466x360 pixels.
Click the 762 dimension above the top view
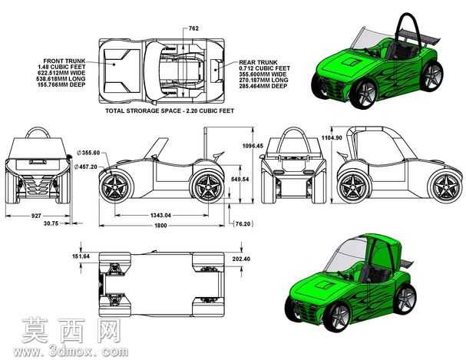(x=193, y=28)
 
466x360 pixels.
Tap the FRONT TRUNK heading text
(x=64, y=61)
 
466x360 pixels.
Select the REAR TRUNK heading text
(x=258, y=62)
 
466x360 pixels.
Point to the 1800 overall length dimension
(x=160, y=226)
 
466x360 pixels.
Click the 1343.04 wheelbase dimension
(x=160, y=215)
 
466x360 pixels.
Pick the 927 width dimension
(x=36, y=216)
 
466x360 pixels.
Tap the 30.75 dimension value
(x=51, y=223)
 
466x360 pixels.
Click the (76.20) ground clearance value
(x=243, y=223)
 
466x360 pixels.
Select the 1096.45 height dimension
(x=253, y=146)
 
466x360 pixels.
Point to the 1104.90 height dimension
(x=332, y=138)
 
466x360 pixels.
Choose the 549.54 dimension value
(x=240, y=179)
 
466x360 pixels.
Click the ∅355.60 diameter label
(x=88, y=153)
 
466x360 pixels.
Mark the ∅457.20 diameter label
(x=87, y=167)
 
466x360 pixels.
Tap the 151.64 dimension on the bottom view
(x=81, y=256)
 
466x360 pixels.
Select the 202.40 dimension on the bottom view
(x=241, y=259)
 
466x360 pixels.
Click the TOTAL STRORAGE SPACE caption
(x=170, y=111)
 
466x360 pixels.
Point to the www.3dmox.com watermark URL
(x=71, y=352)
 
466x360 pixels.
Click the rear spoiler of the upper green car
(x=419, y=36)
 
